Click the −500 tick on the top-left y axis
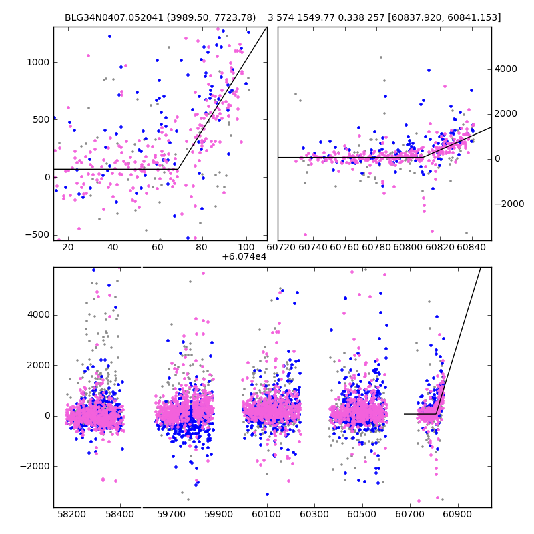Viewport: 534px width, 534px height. [39, 234]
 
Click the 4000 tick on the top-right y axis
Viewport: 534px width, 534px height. [505, 69]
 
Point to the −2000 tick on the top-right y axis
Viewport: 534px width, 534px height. [508, 204]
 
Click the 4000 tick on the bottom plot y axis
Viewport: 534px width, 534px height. [39, 315]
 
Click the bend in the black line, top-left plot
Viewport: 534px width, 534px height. [177, 169]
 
